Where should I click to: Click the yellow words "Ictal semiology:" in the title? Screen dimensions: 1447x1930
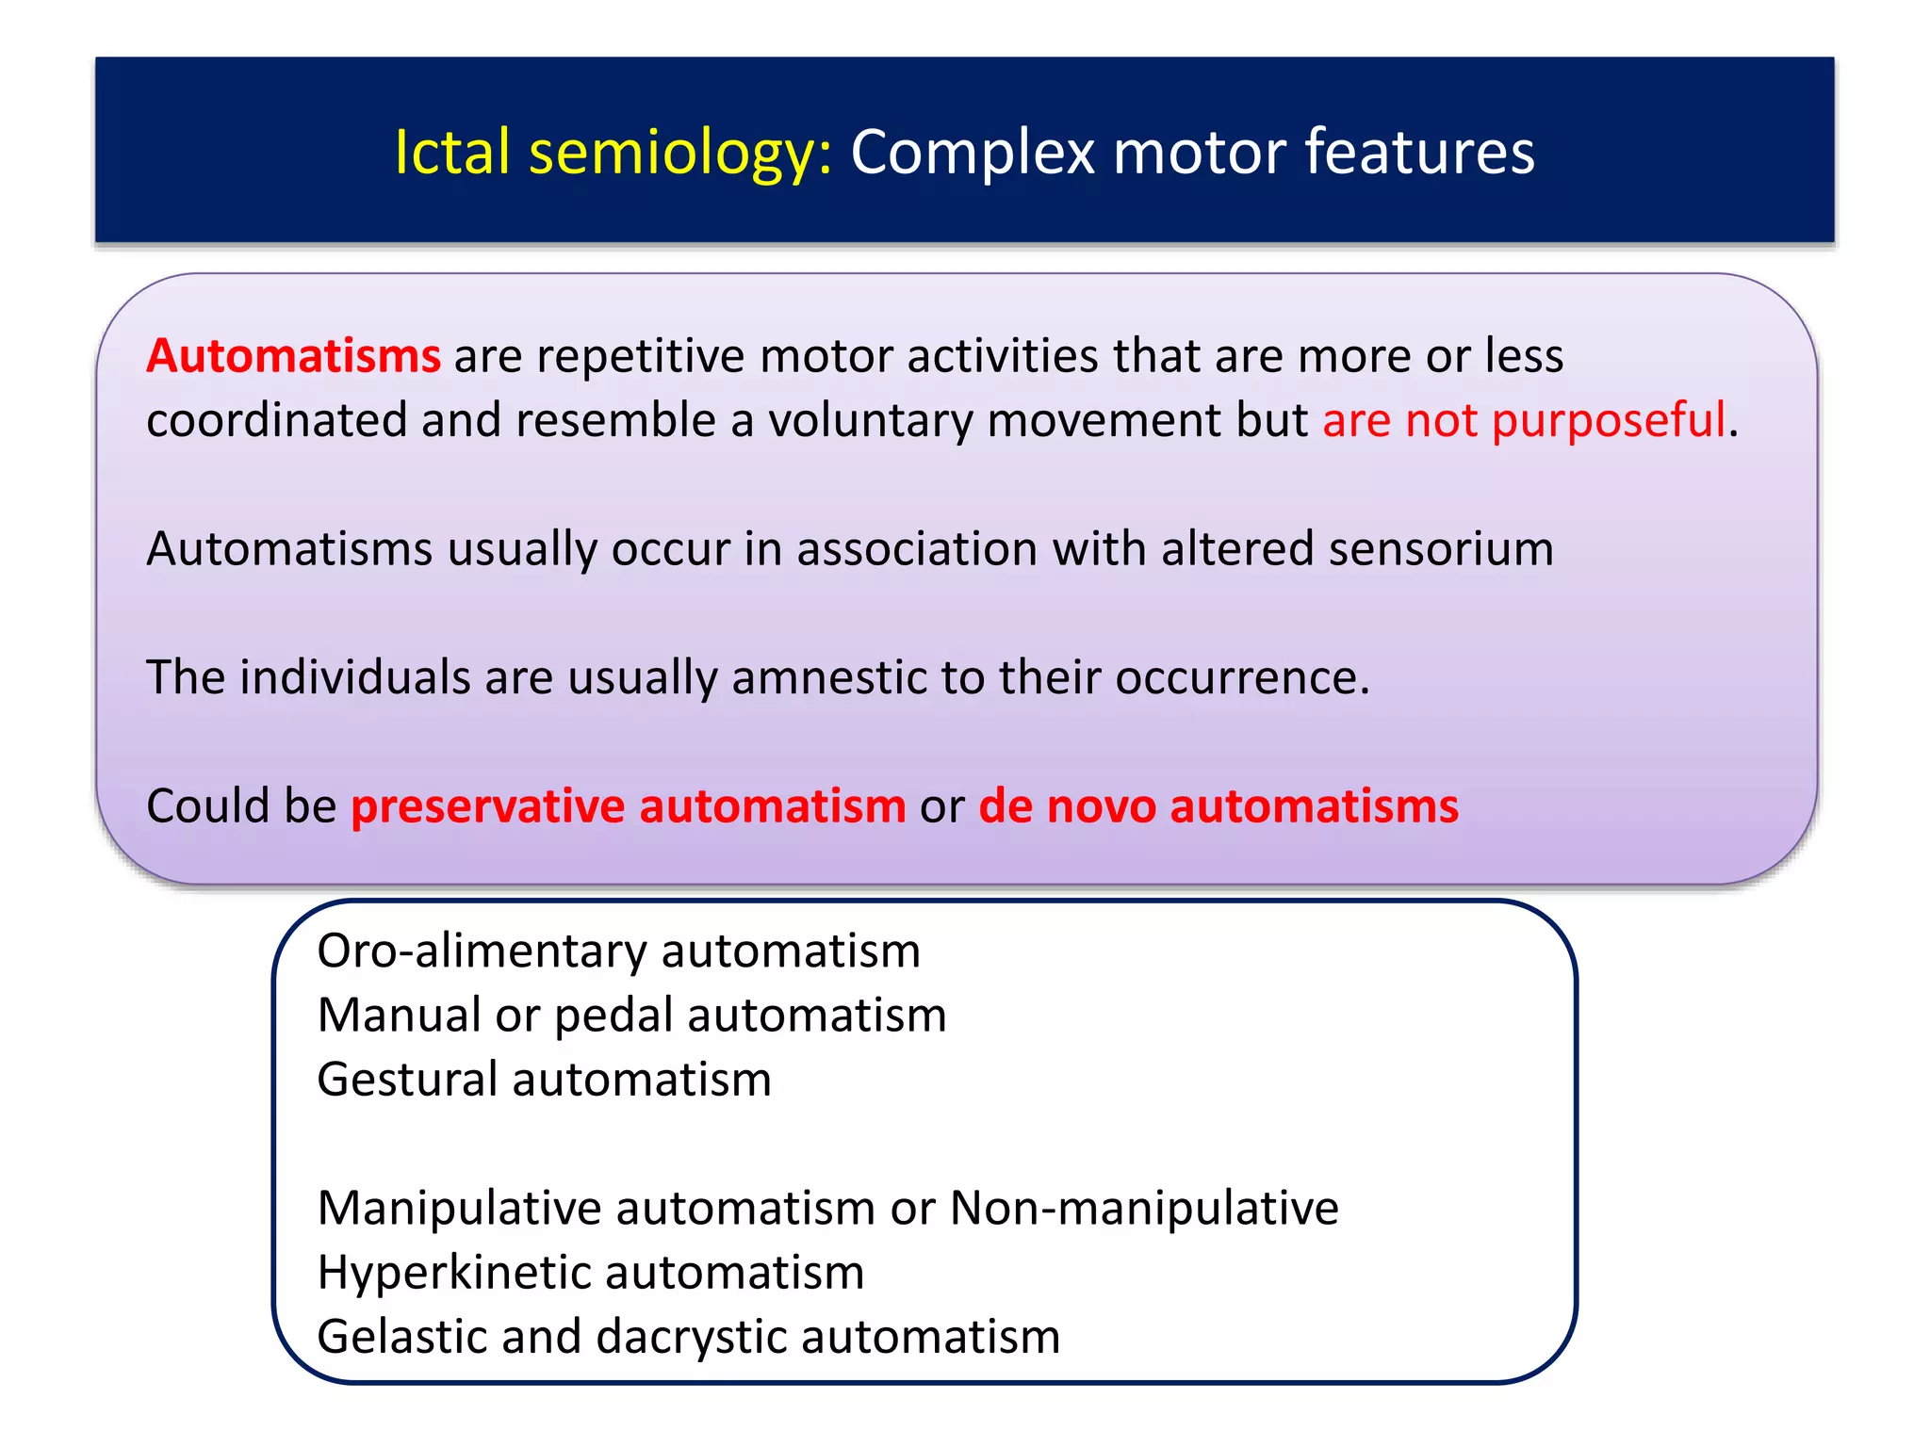613,152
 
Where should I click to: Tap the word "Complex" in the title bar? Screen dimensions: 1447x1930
973,152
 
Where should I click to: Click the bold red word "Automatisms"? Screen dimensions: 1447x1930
293,356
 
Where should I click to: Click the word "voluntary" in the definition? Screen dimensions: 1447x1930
870,420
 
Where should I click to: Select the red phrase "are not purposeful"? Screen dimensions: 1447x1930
1523,420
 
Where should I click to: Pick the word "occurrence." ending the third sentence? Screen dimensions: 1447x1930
1242,677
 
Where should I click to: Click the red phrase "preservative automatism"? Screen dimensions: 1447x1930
628,806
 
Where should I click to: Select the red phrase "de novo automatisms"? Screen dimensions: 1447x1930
1218,806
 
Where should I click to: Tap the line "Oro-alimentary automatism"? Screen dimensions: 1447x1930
618,951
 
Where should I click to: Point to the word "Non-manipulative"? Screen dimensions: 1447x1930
1143,1208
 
